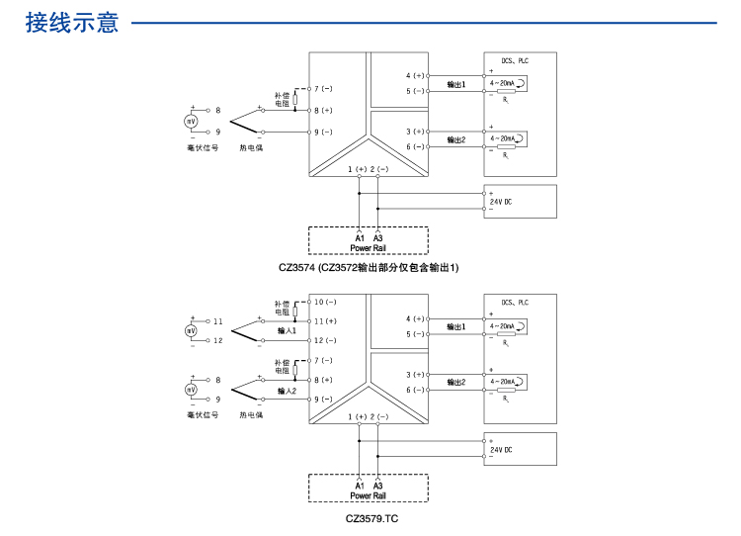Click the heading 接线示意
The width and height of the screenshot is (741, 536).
click(x=72, y=22)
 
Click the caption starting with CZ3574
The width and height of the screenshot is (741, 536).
click(x=370, y=267)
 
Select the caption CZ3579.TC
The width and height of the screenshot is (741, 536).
click(x=371, y=518)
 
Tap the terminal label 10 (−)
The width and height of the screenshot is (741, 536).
click(x=326, y=302)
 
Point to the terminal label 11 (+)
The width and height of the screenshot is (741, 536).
click(x=326, y=321)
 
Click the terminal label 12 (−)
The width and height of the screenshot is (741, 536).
click(x=326, y=340)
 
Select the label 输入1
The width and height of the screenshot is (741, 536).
click(x=287, y=331)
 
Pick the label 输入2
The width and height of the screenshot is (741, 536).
click(x=287, y=391)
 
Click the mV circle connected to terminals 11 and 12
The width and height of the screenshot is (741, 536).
click(x=192, y=331)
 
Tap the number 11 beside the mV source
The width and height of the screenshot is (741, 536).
click(x=218, y=321)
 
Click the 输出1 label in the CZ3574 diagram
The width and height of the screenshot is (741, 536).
click(x=455, y=85)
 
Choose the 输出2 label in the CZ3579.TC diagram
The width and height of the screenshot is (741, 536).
click(x=455, y=382)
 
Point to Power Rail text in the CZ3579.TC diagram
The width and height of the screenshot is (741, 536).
click(x=368, y=495)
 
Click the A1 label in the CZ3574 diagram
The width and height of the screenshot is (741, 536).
click(x=360, y=238)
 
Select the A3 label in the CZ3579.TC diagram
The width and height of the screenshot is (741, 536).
click(x=377, y=487)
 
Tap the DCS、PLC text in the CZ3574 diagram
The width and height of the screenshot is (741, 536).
click(x=515, y=60)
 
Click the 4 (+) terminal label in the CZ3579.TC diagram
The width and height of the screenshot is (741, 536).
click(x=415, y=318)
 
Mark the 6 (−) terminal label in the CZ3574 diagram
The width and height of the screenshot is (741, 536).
click(x=415, y=147)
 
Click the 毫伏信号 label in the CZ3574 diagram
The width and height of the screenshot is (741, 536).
click(x=203, y=148)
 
